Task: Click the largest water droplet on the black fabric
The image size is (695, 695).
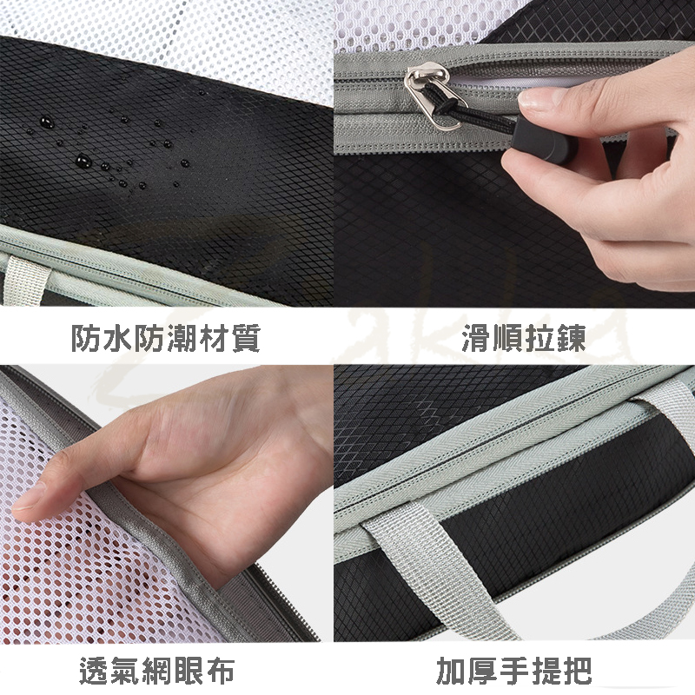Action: pyautogui.click(x=83, y=161)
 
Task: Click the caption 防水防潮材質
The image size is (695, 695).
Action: pyautogui.click(x=166, y=338)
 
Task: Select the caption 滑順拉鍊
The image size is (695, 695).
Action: pyautogui.click(x=524, y=338)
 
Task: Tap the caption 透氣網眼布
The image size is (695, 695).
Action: pyautogui.click(x=157, y=671)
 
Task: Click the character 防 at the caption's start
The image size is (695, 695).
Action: pyautogui.click(x=86, y=338)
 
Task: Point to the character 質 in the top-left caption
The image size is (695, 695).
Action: pyautogui.click(x=245, y=338)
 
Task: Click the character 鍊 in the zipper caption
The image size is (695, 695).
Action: pyautogui.click(x=572, y=338)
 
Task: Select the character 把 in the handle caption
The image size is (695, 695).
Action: pyautogui.click(x=577, y=671)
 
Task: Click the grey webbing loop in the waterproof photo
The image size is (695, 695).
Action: pyautogui.click(x=25, y=279)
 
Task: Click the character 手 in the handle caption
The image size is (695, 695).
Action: pyautogui.click(x=513, y=671)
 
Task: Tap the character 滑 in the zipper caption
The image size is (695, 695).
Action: pyautogui.click(x=476, y=338)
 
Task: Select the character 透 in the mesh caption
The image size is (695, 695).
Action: pyautogui.click(x=94, y=671)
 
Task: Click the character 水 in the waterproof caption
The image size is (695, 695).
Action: pyautogui.click(x=118, y=338)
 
